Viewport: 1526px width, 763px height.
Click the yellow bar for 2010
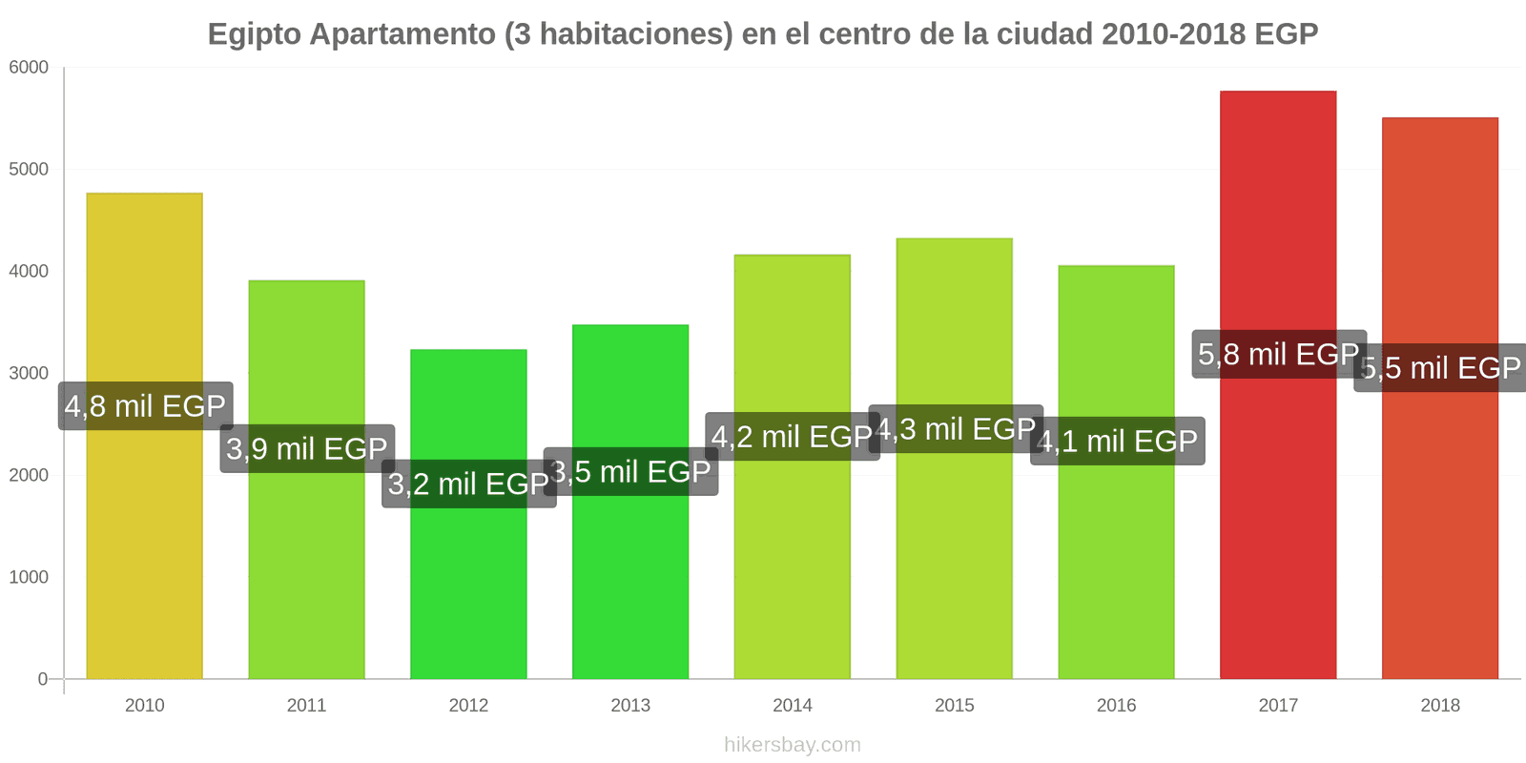click(x=144, y=534)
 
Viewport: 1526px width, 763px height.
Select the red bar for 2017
click(x=1277, y=525)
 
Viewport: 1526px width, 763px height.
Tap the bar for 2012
click(x=468, y=582)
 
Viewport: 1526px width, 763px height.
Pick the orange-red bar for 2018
click(x=1439, y=534)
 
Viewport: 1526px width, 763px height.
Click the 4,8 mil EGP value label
click(x=145, y=406)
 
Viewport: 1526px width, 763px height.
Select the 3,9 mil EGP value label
click(x=307, y=448)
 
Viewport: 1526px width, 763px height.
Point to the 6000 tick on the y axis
click(x=29, y=68)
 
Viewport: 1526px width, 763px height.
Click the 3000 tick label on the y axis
click(x=29, y=374)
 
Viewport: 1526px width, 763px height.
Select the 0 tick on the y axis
click(x=42, y=679)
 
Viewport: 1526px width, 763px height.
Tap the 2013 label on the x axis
click(x=630, y=706)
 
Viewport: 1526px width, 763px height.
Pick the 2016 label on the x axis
click(x=1116, y=706)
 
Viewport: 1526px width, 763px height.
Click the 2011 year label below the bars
click(x=306, y=706)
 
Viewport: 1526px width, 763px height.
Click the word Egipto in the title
click(x=254, y=34)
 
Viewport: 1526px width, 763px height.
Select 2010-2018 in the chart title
click(x=1173, y=34)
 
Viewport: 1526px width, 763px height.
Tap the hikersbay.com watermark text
click(x=792, y=745)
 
